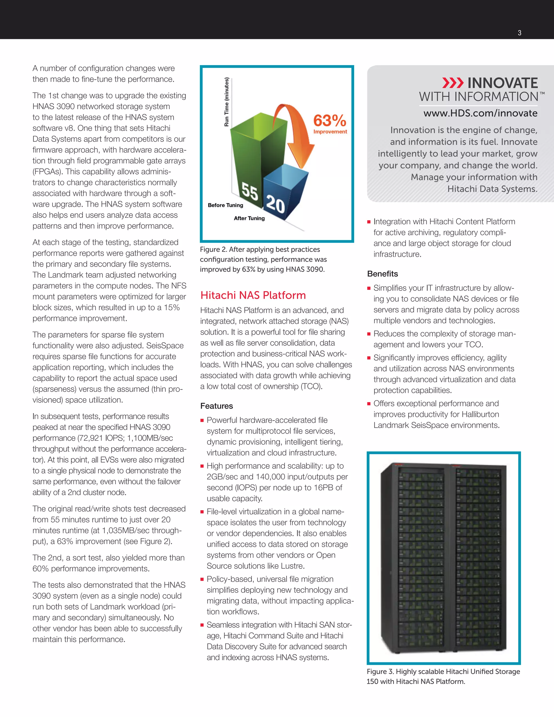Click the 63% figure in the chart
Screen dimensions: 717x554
pos(329,120)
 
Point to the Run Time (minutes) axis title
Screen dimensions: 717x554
pos(226,102)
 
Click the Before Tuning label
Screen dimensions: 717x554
pos(226,205)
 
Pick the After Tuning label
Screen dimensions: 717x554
pos(249,218)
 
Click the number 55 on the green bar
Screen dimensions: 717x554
pos(250,191)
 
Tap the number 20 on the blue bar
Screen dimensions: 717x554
pos(275,204)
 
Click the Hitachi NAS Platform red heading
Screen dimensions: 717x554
pos(253,295)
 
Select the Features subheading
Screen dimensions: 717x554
pos(217,406)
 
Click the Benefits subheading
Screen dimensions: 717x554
pos(382,274)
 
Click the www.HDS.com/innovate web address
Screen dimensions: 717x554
pos(480,113)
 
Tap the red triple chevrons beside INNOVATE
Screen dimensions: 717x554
pos(453,83)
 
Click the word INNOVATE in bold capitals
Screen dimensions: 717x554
pos(503,83)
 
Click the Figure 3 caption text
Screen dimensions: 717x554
pos(443,676)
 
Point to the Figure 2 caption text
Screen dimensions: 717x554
pos(263,259)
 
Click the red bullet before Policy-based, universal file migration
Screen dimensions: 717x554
pos(202,580)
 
